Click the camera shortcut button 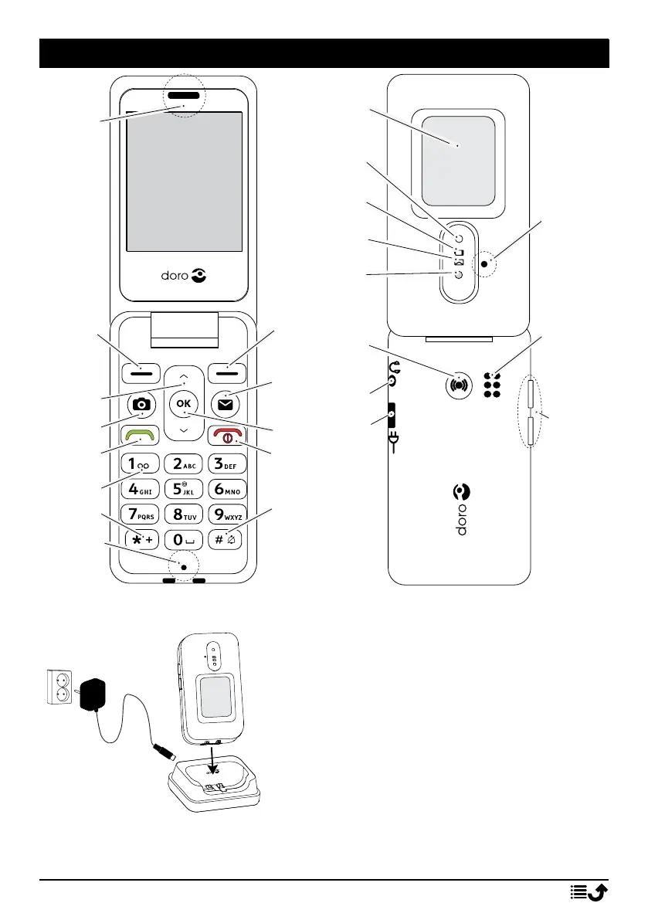[x=141, y=403]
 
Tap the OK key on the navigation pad [x=183, y=402]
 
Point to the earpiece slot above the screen [x=182, y=97]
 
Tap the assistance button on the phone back [x=459, y=382]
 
